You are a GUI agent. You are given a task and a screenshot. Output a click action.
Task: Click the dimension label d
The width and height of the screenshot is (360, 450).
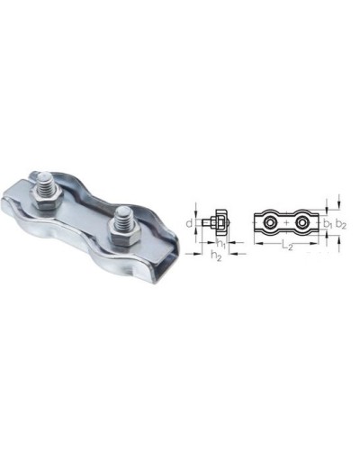[188, 223]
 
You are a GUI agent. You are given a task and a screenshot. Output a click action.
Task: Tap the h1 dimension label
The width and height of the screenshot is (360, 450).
[221, 244]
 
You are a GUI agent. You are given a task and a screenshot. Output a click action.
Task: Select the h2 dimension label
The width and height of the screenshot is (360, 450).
[216, 256]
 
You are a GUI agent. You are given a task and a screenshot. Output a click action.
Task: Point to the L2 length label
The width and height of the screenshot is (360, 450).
[287, 245]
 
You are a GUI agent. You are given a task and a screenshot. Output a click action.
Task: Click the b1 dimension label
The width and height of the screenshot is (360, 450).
[328, 223]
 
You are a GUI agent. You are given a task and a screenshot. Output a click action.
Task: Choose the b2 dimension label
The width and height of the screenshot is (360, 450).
[341, 224]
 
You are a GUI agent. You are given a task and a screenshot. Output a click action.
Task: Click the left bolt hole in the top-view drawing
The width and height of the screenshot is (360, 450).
[269, 222]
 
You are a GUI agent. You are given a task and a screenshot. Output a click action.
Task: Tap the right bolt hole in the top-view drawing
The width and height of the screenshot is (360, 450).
[301, 223]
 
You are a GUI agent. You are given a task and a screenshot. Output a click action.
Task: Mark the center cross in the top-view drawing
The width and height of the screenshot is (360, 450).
[286, 222]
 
